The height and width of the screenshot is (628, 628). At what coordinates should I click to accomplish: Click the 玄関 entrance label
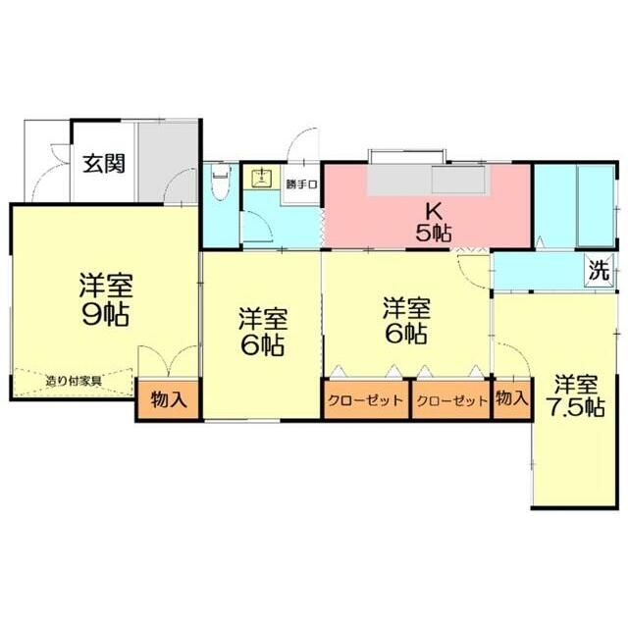point(102,164)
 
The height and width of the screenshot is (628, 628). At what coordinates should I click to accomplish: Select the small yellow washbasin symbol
point(262,178)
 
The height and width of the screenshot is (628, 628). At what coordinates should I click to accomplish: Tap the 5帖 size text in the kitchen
point(430,233)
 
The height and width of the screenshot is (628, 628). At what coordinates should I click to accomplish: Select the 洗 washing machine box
point(599,267)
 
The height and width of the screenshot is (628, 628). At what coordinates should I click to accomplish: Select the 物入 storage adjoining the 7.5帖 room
point(510,399)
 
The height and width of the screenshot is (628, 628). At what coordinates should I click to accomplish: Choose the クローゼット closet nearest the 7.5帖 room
point(450,400)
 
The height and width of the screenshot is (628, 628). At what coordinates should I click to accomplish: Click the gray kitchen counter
point(426,181)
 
